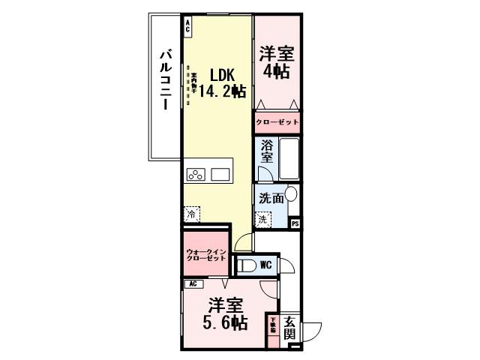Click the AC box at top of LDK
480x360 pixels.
tap(187, 24)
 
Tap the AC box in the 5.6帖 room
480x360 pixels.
tap(193, 284)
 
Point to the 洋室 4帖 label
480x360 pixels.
tap(277, 63)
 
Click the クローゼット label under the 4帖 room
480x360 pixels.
tap(277, 121)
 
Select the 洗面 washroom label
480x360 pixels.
tap(271, 199)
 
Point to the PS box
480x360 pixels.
tap(295, 223)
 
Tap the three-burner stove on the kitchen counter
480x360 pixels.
tap(196, 175)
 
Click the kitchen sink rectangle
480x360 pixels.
tap(220, 175)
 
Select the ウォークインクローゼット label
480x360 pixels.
tap(205, 254)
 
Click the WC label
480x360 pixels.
tap(265, 265)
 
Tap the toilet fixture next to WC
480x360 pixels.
tap(246, 265)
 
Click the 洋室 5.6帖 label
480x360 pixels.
tap(226, 314)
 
